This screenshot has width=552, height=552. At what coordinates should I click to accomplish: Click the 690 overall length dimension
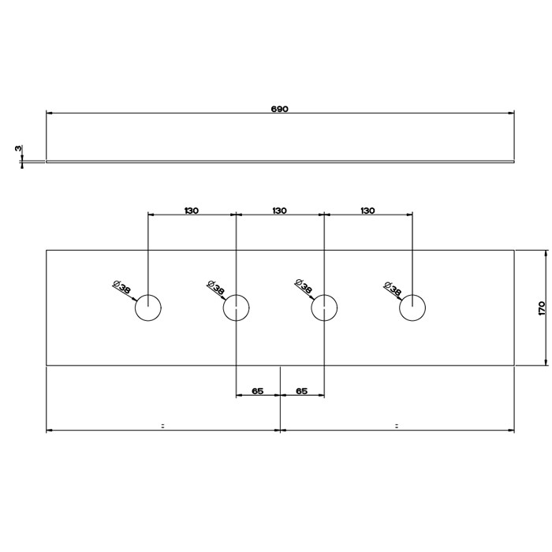pos(280,110)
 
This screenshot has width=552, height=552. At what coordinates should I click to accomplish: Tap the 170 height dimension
pos(541,308)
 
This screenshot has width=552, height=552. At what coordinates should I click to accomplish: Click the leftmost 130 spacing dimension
pos(192,211)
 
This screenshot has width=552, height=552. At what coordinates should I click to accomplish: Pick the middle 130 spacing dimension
pos(279,211)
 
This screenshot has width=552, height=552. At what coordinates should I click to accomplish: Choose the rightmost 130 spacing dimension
pos(367,211)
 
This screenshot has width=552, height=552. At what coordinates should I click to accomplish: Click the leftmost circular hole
pos(148,308)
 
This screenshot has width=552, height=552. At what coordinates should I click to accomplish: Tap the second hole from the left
pos(236,308)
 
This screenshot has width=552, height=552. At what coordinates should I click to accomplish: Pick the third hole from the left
pos(323,308)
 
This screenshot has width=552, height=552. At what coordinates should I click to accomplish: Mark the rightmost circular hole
pos(411,308)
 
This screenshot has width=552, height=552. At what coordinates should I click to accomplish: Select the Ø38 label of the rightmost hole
pos(390,288)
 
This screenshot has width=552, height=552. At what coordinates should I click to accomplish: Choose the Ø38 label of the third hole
pos(302,288)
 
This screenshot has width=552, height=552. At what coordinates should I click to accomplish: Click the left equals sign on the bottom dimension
pos(162,426)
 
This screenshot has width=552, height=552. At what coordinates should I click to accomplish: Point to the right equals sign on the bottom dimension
pos(396,426)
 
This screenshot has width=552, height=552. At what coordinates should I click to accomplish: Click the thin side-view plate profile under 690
pos(280,162)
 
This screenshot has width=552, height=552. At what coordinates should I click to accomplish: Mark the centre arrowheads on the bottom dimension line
pos(281,430)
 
